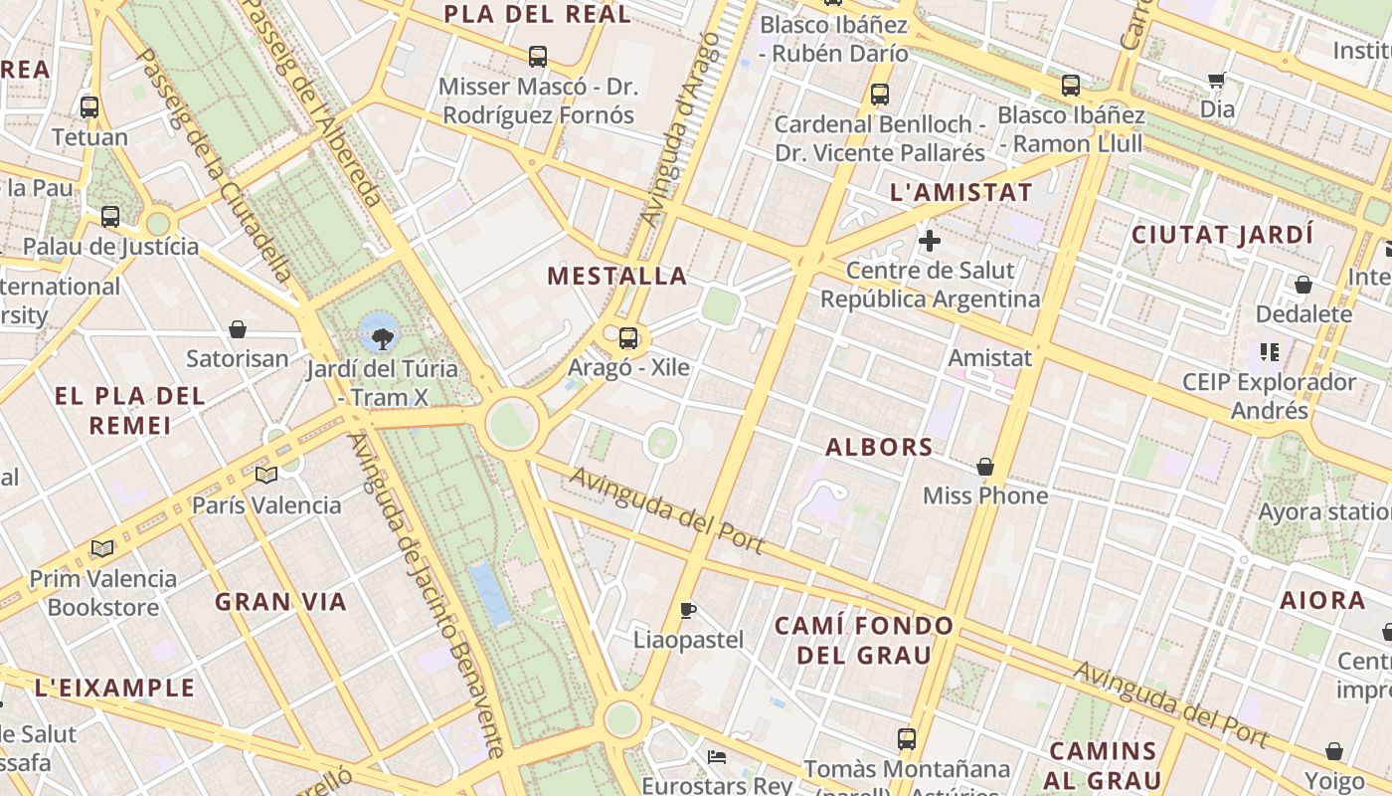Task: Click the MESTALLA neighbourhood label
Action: coord(617,276)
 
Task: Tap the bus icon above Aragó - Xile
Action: coord(628,338)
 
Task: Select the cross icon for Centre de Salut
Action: coord(930,241)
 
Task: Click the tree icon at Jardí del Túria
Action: coord(381,339)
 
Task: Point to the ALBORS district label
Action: coord(879,448)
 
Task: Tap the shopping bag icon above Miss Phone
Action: coord(985,467)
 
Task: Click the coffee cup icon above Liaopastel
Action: coord(687,610)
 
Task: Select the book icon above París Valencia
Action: coord(265,476)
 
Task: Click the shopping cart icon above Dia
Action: coord(1216,80)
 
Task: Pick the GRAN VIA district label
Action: coord(281,602)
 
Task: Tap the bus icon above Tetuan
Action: coord(89,107)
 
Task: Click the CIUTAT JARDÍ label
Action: coord(1223,236)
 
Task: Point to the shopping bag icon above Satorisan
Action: coord(238,329)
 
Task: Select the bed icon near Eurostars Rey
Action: coord(716,757)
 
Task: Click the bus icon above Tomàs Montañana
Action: coord(906,739)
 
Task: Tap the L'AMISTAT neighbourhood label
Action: coord(960,193)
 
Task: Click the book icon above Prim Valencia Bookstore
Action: coord(102,548)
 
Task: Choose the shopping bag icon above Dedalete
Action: coord(1303,286)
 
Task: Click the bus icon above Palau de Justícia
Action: coord(110,217)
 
